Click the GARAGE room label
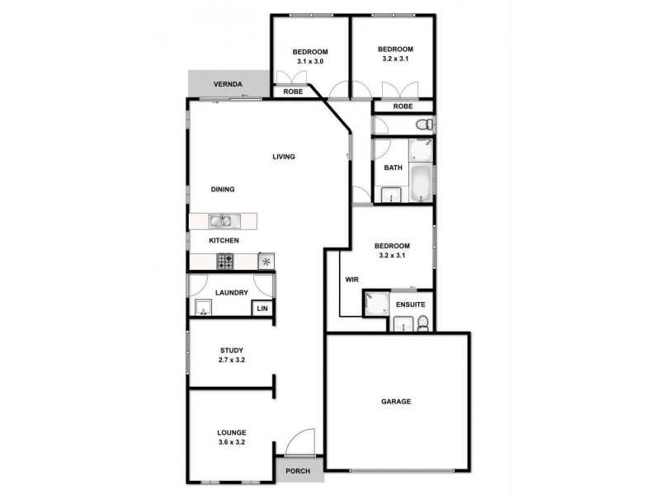396,402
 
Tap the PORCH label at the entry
298,471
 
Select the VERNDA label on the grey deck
227,84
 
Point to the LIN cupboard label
262,309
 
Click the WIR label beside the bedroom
351,280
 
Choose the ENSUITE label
410,304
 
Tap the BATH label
394,167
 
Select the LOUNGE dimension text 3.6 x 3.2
232,443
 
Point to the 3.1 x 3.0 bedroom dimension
310,61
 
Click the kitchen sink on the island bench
222,220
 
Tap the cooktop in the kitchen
225,261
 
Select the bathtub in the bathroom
419,183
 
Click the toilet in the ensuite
422,323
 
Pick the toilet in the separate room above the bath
424,125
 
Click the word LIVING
285,157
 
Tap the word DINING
223,189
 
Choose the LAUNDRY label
232,293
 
